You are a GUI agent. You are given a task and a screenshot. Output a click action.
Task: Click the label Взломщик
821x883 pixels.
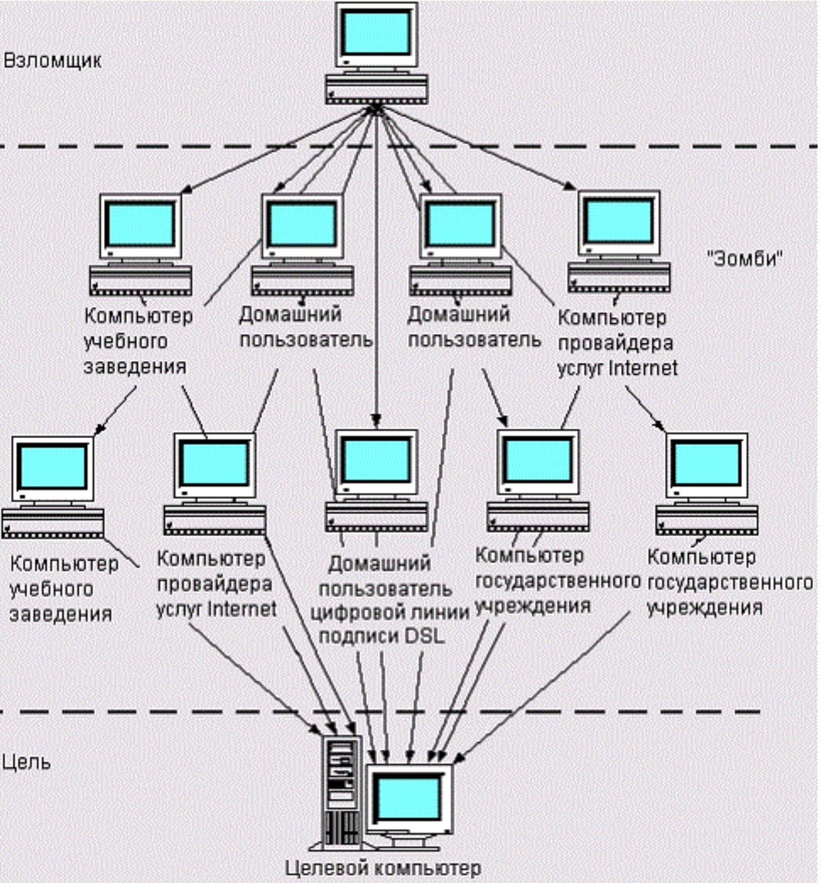point(53,62)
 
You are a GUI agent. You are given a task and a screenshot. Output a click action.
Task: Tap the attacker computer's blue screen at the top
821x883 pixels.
point(376,33)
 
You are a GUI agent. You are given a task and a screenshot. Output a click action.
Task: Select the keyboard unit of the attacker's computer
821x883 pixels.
point(376,89)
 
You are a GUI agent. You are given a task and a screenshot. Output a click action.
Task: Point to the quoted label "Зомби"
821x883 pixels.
point(745,258)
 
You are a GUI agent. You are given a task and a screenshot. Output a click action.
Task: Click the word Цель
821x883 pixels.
point(26,763)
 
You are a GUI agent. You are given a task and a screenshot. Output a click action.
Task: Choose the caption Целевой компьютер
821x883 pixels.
point(382,867)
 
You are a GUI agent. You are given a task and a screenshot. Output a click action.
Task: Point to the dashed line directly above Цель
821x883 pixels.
point(380,711)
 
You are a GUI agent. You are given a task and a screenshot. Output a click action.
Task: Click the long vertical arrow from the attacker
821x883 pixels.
point(376,267)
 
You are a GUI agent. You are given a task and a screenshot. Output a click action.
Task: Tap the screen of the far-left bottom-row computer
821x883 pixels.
point(53,467)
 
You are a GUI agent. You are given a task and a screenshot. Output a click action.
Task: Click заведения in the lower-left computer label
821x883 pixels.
point(61,614)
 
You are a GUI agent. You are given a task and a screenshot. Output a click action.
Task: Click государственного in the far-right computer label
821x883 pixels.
point(730,583)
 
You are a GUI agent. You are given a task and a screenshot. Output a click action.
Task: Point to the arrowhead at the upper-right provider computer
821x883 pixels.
point(570,186)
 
